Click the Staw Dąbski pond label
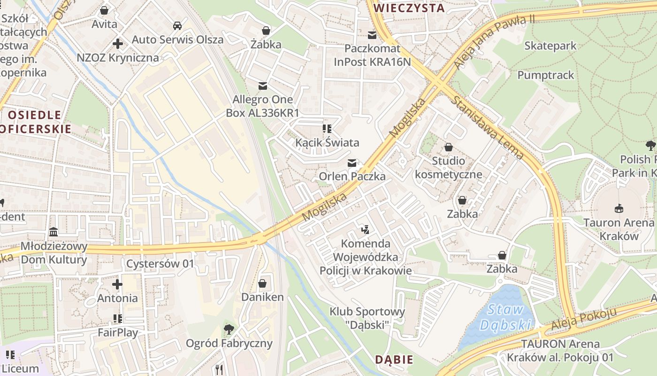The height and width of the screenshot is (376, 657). point(506,317)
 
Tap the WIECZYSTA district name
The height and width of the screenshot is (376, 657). point(409,8)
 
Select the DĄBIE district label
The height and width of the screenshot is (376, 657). point(394,360)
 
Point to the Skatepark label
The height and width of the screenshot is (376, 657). point(550,46)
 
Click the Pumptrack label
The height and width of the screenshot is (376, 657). point(545,75)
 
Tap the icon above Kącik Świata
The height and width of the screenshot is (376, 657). point(327,129)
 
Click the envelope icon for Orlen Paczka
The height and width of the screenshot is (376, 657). point(351,163)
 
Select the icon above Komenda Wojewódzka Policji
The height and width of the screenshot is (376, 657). point(365,230)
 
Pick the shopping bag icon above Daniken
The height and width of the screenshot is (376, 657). point(262,283)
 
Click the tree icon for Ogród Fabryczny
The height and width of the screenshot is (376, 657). point(229,329)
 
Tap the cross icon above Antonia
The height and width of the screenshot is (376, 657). point(117,284)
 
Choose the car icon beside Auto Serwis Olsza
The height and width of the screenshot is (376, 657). point(177,26)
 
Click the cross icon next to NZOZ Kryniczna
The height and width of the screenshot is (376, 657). point(117,44)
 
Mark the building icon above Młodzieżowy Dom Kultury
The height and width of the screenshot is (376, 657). point(53,233)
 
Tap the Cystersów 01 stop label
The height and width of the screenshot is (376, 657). point(160,264)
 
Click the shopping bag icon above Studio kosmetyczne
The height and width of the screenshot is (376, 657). point(448,147)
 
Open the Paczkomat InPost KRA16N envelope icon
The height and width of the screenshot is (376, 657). point(372,35)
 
